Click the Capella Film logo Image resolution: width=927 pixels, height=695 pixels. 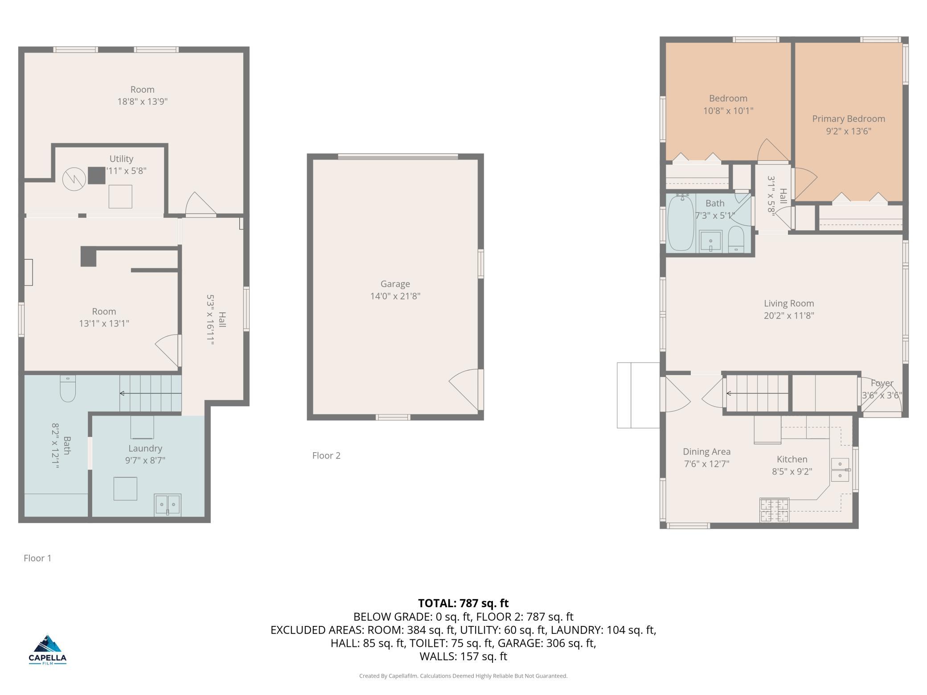(47, 649)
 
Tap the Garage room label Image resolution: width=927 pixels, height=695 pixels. (395, 284)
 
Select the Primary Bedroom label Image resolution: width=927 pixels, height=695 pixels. (848, 119)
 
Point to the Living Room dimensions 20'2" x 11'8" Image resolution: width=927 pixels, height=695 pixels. (789, 316)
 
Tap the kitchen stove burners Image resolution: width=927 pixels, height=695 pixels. (774, 511)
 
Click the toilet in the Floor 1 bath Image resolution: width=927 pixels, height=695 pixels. (68, 388)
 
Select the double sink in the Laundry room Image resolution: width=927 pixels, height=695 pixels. (168, 504)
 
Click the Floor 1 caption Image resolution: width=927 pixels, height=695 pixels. (37, 558)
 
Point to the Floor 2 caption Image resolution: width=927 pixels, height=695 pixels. (326, 455)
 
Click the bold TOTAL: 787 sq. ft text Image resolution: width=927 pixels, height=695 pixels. (463, 603)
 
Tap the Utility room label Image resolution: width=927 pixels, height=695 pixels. (121, 159)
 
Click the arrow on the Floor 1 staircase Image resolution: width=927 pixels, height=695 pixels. (151, 393)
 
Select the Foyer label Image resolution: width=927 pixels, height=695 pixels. (882, 383)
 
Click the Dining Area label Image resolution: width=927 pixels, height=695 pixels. (706, 452)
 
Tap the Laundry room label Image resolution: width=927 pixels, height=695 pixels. (145, 449)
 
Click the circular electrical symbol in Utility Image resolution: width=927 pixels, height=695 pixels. (74, 179)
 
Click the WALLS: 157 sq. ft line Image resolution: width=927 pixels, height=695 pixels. (463, 656)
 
